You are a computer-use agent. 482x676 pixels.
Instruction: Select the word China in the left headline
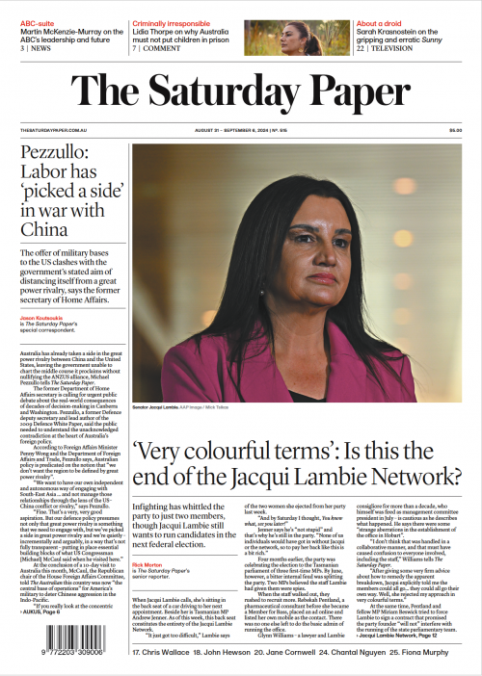44,228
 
